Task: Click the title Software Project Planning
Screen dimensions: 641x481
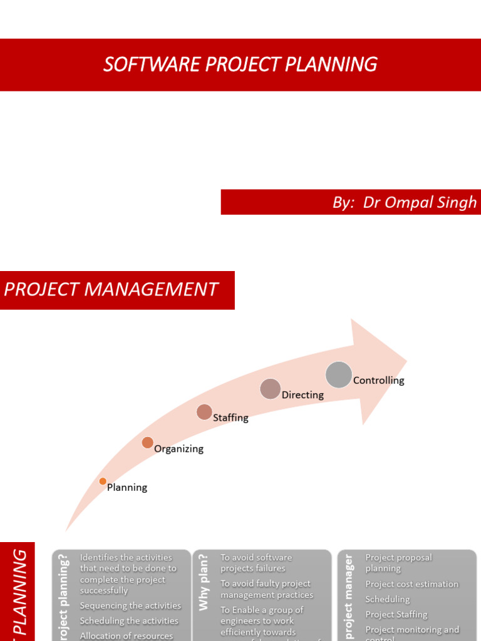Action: coord(240,64)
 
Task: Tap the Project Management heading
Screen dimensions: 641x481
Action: coord(111,289)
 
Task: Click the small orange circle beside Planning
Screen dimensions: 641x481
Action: coord(103,481)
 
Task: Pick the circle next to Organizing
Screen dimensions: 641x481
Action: coord(147,443)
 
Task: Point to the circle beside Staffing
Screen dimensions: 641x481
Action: coord(204,412)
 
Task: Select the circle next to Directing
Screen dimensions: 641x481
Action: coord(271,389)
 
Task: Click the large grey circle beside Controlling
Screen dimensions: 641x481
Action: coord(339,374)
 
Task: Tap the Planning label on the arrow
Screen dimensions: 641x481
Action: coord(127,488)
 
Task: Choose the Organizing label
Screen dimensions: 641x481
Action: coord(178,449)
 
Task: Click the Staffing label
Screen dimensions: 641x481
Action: coord(230,418)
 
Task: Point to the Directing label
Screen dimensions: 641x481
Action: coord(303,395)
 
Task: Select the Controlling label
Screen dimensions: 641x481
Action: coord(379,381)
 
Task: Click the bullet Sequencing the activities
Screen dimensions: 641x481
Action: coord(130,605)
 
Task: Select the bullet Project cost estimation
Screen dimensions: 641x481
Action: coord(411,584)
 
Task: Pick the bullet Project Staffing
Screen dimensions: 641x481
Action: coord(396,614)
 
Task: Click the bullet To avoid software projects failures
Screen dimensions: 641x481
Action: coord(256,563)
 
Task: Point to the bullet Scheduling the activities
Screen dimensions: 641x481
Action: coord(129,621)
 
